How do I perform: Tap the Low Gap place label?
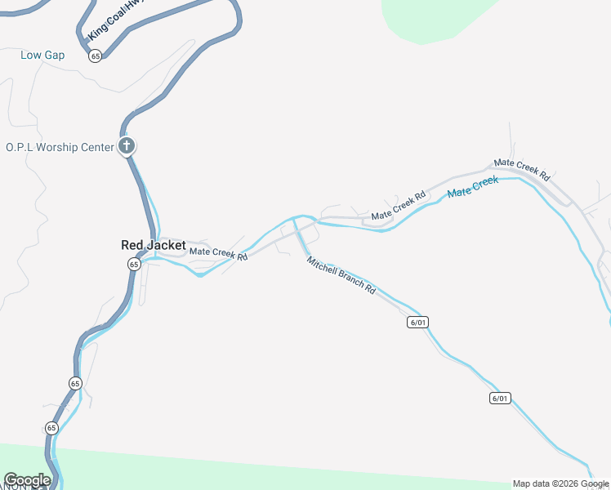pyautogui.click(x=42, y=56)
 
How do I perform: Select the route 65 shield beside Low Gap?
pyautogui.click(x=96, y=56)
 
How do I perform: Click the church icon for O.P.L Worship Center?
pyautogui.click(x=127, y=146)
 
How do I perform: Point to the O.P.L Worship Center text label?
pyautogui.click(x=59, y=148)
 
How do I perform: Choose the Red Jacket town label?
pyautogui.click(x=154, y=245)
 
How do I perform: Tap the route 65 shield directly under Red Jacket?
pyautogui.click(x=134, y=264)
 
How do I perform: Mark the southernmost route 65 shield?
pyautogui.click(x=51, y=427)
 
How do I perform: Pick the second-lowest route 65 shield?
pyautogui.click(x=75, y=383)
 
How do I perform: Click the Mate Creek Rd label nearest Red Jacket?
pyautogui.click(x=218, y=254)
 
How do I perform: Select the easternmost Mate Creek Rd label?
pyautogui.click(x=522, y=169)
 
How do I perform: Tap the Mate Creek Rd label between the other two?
pyautogui.click(x=399, y=206)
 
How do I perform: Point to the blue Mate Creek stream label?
pyautogui.click(x=472, y=187)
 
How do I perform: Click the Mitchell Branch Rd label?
pyautogui.click(x=341, y=276)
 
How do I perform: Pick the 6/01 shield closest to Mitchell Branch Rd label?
pyautogui.click(x=417, y=322)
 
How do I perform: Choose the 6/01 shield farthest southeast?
pyautogui.click(x=500, y=399)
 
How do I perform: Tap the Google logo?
pyautogui.click(x=27, y=480)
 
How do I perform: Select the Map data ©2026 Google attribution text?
pyautogui.click(x=561, y=483)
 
